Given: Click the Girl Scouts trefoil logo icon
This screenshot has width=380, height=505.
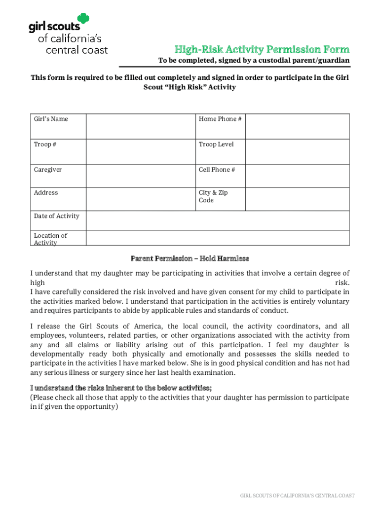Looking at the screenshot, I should tap(82, 19).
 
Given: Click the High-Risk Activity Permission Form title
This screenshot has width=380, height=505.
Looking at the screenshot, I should tap(262, 49).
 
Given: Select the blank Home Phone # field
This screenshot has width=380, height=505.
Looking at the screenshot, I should tap(298, 127).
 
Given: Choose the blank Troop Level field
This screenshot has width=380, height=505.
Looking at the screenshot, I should tap(298, 152).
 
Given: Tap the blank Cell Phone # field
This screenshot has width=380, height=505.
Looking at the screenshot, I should tap(298, 176).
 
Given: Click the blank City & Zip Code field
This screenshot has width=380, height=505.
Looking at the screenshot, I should tap(298, 199).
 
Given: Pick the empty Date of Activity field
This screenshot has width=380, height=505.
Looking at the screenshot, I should tap(218, 220).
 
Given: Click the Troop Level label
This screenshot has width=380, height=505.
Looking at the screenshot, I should tap(216, 144).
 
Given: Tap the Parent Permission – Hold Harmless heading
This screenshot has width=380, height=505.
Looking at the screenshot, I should tap(190, 258).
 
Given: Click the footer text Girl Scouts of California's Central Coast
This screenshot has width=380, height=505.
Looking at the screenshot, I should tap(297, 496).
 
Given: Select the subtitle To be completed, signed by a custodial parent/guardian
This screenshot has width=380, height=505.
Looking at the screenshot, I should tap(254, 61).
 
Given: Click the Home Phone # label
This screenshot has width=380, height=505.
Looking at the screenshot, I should tap(220, 119).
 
